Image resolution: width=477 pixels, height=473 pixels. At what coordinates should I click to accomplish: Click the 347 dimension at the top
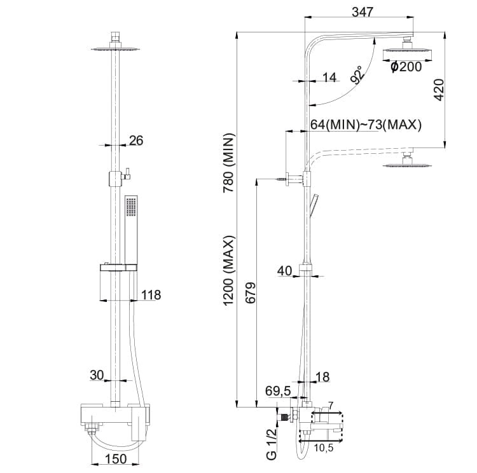click(362, 12)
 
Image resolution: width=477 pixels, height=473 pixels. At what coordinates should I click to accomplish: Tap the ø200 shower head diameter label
click(406, 67)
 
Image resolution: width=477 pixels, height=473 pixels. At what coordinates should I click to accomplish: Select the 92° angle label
click(357, 74)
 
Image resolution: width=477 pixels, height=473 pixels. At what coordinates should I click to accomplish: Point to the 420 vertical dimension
click(439, 90)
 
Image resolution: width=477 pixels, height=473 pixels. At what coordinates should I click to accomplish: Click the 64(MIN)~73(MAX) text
click(366, 125)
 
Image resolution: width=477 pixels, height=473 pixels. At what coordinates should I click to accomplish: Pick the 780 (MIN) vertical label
click(229, 163)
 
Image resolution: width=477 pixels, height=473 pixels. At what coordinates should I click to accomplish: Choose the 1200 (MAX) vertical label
click(229, 271)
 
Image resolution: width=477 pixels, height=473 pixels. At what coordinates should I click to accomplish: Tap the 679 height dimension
click(251, 293)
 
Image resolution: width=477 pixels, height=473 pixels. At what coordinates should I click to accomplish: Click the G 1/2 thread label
click(272, 444)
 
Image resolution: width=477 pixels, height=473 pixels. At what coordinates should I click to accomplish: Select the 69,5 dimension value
click(278, 391)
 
